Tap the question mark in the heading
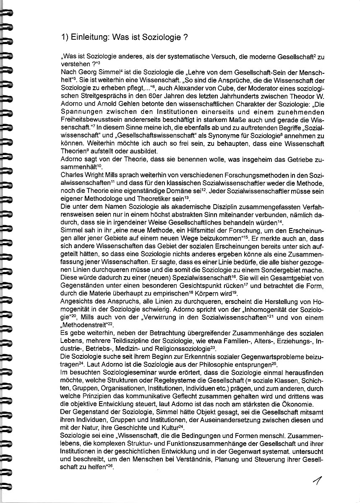click(185, 37)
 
